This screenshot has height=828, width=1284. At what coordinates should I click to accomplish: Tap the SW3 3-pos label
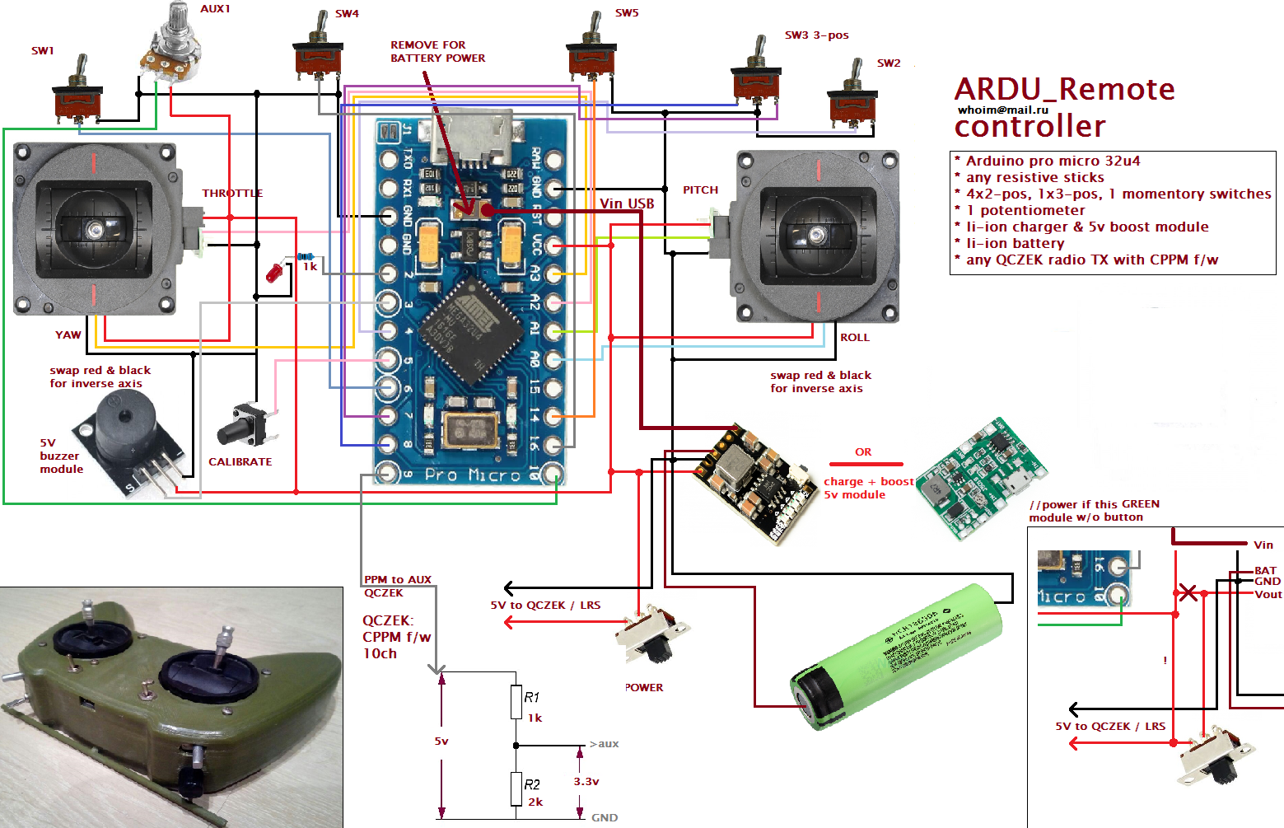816,35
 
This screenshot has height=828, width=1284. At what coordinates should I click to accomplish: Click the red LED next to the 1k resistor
274,273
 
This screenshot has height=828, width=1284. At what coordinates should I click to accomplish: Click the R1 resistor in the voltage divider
516,703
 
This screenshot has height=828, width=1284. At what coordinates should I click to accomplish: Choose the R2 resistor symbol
516,789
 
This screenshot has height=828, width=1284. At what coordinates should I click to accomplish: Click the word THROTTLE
232,194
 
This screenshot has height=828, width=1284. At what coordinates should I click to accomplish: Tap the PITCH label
700,190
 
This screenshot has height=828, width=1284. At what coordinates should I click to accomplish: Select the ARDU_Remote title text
1064,89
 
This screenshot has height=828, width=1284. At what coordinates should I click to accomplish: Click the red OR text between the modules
863,452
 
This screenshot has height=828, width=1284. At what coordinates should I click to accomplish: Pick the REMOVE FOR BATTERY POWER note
437,52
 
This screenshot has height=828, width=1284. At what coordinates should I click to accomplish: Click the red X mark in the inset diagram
1188,592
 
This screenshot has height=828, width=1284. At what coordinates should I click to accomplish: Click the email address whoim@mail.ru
1002,110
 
